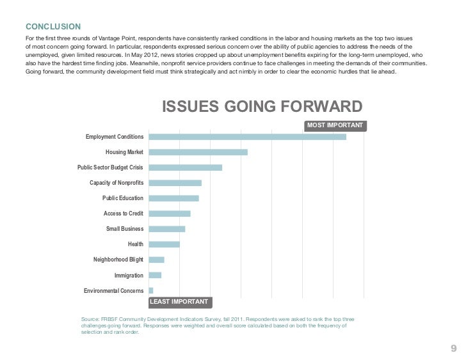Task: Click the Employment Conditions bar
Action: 247,137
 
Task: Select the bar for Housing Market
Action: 198,152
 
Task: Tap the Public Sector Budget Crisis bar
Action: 185,168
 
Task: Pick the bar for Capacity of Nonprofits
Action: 175,183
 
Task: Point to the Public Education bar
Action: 173,198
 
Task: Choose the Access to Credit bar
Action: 170,214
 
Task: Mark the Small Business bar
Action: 166,229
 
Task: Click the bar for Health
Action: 164,244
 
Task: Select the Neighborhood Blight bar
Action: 156,260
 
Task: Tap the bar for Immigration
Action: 155,275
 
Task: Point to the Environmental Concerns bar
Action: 151,290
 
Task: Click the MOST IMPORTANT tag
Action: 335,125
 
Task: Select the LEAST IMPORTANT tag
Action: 179,301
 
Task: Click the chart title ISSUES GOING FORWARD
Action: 262,106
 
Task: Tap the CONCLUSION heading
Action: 53,26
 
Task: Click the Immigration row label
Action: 129,276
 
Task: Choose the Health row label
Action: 136,245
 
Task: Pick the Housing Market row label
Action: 124,153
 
